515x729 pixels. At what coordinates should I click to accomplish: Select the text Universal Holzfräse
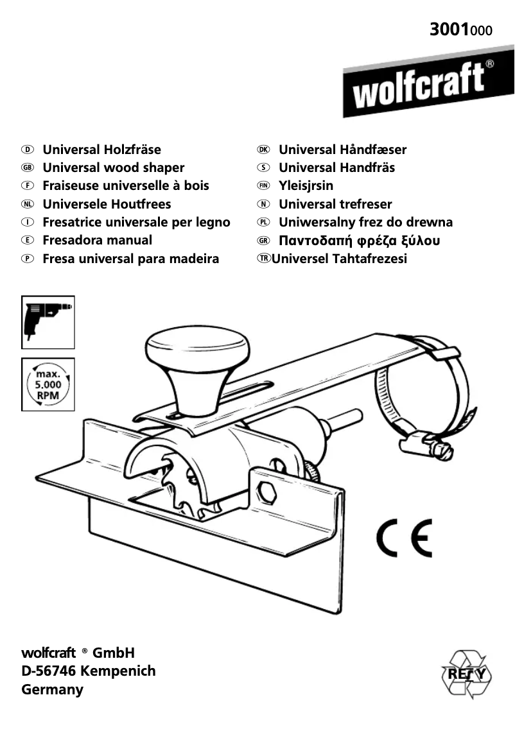[x=101, y=150]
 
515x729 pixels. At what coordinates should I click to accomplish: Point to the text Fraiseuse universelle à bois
[x=126, y=186]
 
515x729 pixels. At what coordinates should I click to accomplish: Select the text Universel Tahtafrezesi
[x=339, y=259]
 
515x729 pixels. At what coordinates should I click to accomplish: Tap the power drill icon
[x=48, y=322]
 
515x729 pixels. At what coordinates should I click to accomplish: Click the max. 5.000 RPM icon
[x=48, y=384]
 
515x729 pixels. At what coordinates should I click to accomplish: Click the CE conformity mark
[x=404, y=537]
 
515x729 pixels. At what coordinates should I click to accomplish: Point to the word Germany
[x=53, y=690]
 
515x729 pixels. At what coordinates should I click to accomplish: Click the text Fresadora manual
[x=97, y=241]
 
